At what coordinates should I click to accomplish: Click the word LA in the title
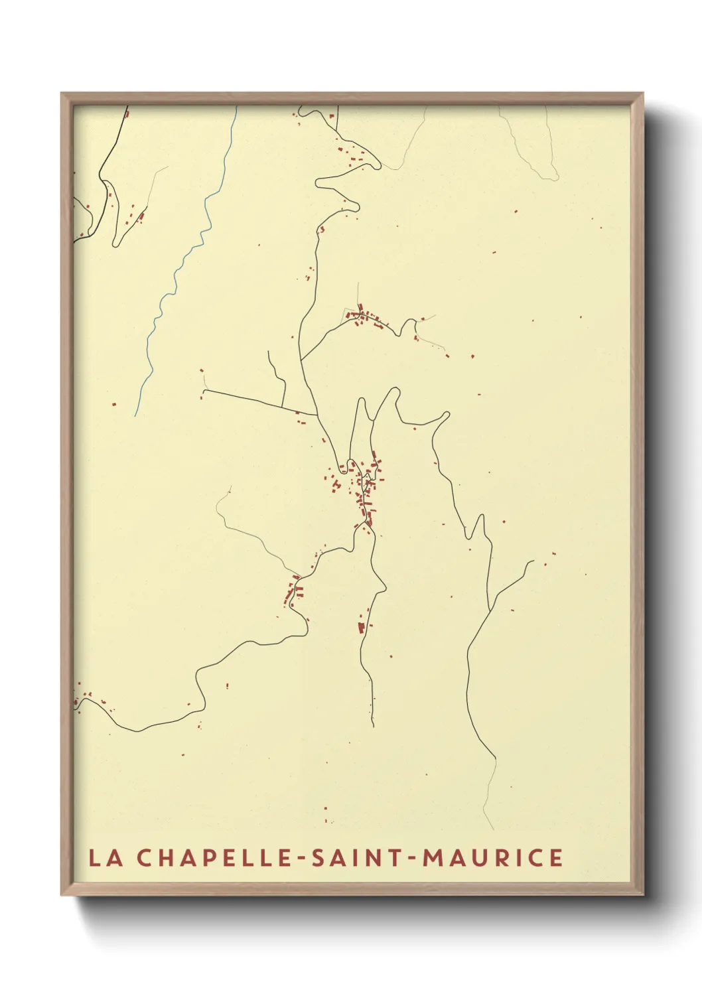pyautogui.click(x=105, y=857)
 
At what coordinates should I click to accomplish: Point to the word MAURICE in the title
pyautogui.click(x=493, y=857)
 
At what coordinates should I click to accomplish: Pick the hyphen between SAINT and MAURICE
pyautogui.click(x=412, y=858)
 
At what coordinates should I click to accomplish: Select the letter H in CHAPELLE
pyautogui.click(x=167, y=857)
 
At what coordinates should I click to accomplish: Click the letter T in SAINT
pyautogui.click(x=395, y=857)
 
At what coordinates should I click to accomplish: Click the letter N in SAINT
pyautogui.click(x=376, y=857)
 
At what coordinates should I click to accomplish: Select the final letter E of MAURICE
pyautogui.click(x=555, y=857)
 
